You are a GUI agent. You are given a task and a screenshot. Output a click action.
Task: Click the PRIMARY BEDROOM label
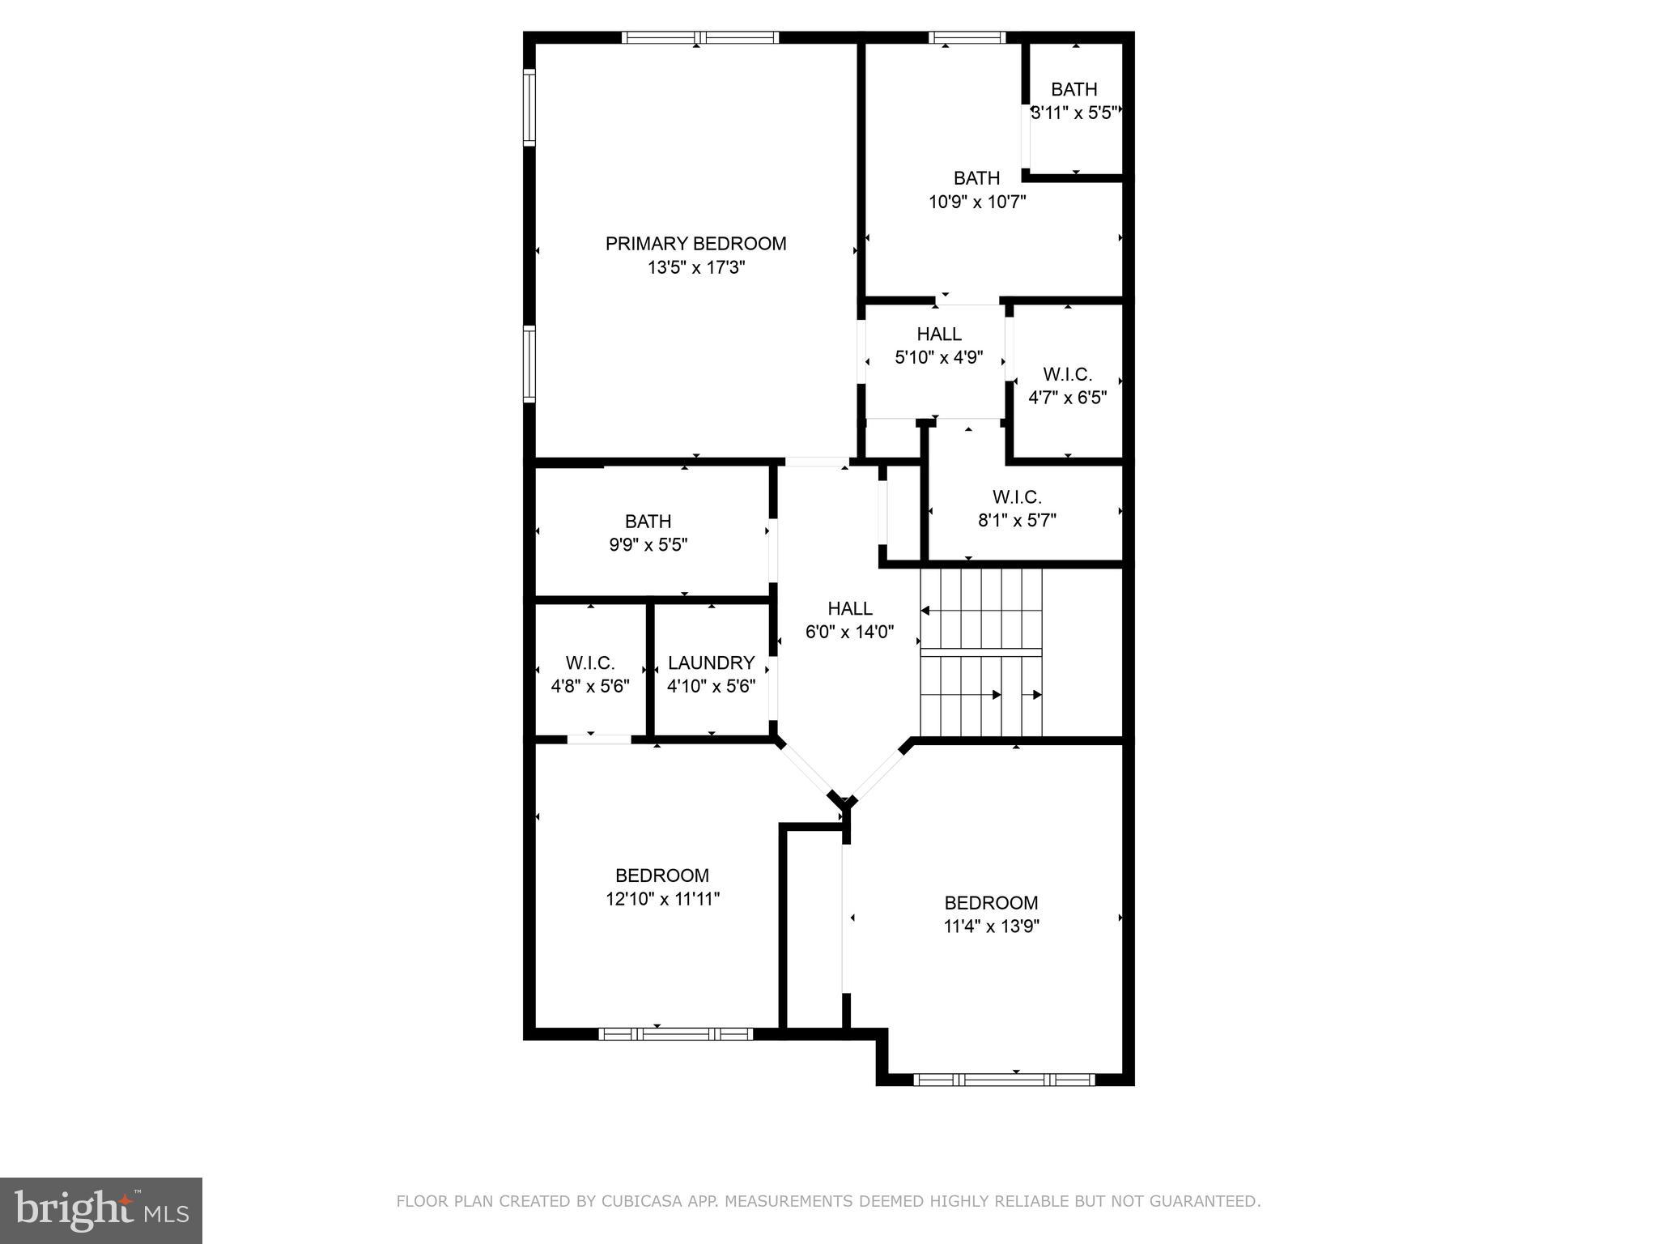point(695,244)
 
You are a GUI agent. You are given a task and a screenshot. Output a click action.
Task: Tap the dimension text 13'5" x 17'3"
point(695,267)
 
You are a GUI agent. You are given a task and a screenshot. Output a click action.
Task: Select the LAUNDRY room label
point(711,663)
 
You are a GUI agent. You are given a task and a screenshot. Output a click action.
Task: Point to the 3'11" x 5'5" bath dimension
point(1074,113)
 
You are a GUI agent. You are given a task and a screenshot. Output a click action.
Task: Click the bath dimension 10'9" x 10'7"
point(976,202)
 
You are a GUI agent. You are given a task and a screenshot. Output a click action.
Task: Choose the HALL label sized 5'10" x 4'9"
point(939,334)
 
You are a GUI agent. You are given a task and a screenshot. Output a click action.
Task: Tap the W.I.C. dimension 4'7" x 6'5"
point(1067,398)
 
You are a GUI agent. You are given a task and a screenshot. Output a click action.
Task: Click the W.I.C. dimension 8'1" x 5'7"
point(1017,520)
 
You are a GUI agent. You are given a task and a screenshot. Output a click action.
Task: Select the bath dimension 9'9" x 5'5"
point(648,545)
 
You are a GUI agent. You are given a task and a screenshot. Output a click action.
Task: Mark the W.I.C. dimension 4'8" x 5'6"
point(590,687)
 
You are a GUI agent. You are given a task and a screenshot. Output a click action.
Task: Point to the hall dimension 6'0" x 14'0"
point(849,632)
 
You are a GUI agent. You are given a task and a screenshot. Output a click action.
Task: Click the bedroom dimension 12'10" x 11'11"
point(662,898)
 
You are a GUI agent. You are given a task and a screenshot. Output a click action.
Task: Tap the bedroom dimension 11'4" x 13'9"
point(991,926)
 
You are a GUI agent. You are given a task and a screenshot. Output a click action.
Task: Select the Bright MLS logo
point(100,1210)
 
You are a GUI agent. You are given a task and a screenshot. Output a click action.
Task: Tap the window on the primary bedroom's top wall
point(700,37)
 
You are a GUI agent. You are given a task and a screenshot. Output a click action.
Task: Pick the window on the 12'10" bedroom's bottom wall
point(676,1033)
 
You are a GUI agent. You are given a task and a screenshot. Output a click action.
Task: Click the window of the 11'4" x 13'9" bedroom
point(1004,1080)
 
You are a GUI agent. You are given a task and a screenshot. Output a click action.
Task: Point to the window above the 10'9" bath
point(967,37)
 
